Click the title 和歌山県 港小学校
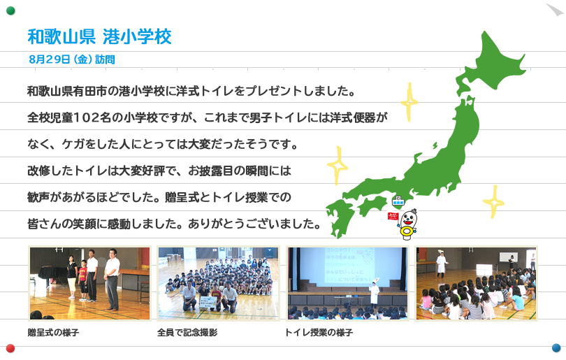99,37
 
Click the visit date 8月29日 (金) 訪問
72,59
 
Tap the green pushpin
10,10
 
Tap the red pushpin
10,348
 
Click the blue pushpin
556,348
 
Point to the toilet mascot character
407,224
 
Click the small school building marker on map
398,201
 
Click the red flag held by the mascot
393,216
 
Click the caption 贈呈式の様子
53,333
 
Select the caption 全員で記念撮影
187,333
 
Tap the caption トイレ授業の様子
319,333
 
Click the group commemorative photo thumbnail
219,283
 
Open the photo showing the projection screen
347,283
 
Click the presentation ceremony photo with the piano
89,283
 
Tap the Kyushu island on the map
340,217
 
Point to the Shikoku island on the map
372,205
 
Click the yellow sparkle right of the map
494,202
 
